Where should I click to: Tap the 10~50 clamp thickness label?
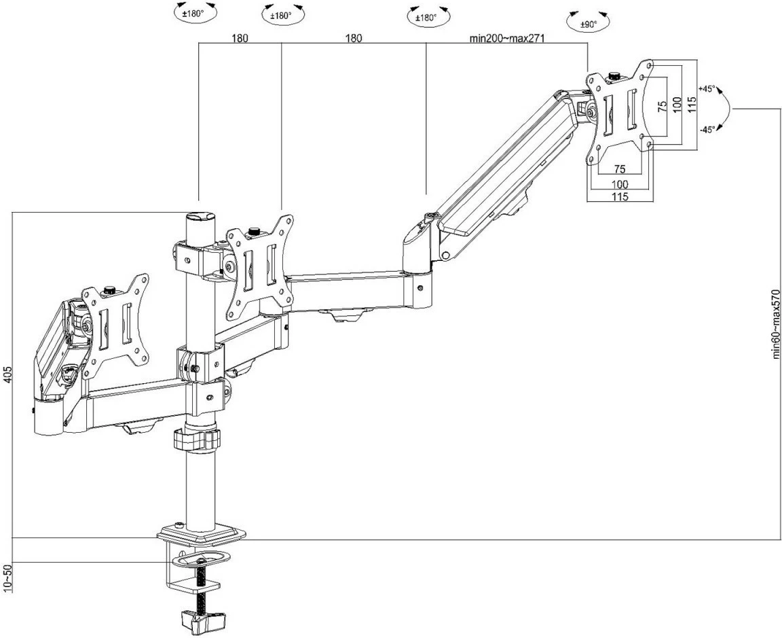click(x=7, y=578)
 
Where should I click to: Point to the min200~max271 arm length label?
click(x=508, y=39)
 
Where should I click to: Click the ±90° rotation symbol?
click(x=588, y=23)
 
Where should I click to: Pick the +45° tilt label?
click(x=707, y=89)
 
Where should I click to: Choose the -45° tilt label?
click(x=707, y=130)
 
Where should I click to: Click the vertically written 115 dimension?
click(x=690, y=103)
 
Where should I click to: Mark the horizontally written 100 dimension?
click(x=618, y=183)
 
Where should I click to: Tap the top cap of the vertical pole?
click(x=200, y=217)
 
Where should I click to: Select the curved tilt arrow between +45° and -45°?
click(x=724, y=109)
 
